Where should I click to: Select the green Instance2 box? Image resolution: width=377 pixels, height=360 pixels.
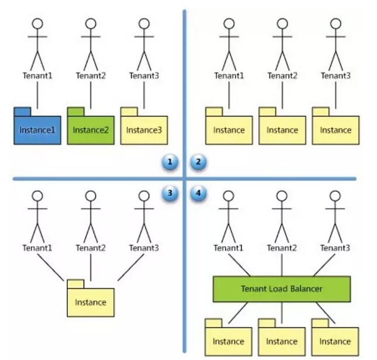coord(91,129)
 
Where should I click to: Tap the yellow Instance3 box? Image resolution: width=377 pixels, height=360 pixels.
coord(144,129)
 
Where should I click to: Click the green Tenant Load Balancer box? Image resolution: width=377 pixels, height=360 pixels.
coord(281,288)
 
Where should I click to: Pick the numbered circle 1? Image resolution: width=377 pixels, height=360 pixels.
coord(170,162)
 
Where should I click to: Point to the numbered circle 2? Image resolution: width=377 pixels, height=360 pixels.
coord(198,162)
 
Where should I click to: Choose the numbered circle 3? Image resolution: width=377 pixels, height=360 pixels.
coord(170,193)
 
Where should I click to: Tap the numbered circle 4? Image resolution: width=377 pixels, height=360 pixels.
coord(198,193)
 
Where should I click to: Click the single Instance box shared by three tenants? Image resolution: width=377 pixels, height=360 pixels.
coord(91,302)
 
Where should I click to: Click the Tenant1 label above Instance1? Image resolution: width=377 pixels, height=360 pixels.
coord(37,75)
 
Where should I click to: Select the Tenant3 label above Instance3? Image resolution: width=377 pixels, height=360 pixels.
coord(144,75)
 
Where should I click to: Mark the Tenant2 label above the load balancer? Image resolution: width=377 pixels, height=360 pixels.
coord(282,248)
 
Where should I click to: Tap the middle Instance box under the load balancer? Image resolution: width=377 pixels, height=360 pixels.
coord(282,341)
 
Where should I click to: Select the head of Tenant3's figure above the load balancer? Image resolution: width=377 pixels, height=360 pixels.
coord(336,196)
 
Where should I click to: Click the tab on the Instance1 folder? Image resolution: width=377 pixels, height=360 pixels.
coord(22,110)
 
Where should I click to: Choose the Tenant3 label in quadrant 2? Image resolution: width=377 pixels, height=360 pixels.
coord(336,75)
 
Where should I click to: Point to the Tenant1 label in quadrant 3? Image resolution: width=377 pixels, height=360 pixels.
coord(37,248)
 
